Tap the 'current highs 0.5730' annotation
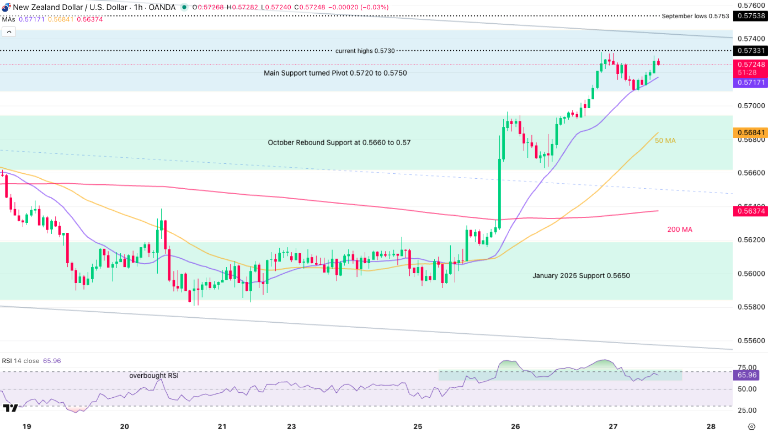tap(365, 51)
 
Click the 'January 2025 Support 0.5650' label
tap(581, 276)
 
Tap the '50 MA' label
tap(665, 141)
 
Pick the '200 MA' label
tap(680, 230)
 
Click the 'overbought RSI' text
tap(154, 376)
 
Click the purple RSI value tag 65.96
tap(748, 375)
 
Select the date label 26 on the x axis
tap(516, 426)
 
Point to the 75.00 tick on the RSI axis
tap(747, 367)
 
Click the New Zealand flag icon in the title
tap(6, 8)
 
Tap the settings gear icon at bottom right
tap(751, 426)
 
